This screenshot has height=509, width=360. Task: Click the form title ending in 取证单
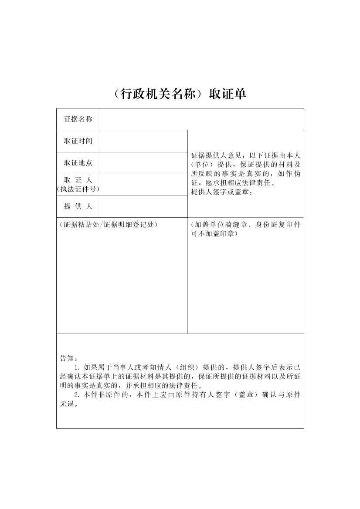180,94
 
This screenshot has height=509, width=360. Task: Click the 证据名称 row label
78,119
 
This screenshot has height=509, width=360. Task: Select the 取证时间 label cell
78,141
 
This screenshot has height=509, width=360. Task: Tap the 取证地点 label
78,163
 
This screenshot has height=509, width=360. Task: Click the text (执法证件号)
78,189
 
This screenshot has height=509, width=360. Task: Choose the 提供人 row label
78,206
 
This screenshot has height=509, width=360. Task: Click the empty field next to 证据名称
202,119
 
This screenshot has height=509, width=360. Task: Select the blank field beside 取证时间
144,141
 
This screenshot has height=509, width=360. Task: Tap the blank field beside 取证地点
144,163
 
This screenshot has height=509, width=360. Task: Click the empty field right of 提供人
144,206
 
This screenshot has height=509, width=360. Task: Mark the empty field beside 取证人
144,185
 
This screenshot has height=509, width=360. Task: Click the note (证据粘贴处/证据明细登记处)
109,225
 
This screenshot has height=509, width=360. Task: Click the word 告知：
69,358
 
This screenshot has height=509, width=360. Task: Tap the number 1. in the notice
77,367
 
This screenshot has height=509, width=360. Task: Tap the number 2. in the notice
77,395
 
